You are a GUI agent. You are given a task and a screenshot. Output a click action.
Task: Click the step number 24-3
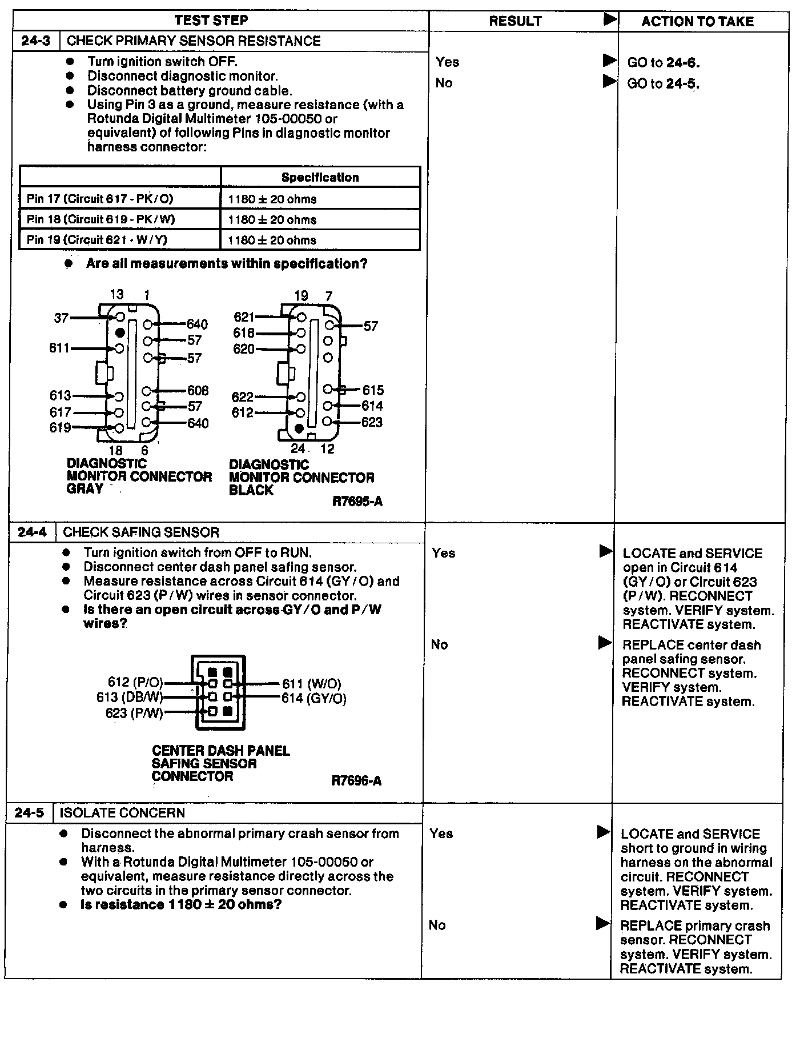[x=35, y=41]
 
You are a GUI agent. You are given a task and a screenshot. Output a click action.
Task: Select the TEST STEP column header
[x=211, y=21]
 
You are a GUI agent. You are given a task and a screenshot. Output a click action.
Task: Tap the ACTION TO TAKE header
[x=697, y=22]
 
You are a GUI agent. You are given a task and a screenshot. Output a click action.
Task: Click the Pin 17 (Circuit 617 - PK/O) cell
[x=100, y=199]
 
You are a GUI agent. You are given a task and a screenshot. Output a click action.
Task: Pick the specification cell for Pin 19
[x=272, y=240]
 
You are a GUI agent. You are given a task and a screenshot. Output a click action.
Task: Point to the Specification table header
[x=320, y=177]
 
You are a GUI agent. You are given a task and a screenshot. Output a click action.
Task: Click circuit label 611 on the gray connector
[x=59, y=348]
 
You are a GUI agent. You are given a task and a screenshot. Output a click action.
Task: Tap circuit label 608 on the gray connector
[x=198, y=391]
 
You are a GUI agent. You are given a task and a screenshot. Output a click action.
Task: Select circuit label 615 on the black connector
[x=373, y=390]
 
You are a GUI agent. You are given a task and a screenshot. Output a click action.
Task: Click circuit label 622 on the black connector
[x=242, y=397]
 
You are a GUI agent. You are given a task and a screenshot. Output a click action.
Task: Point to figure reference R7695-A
[x=357, y=502]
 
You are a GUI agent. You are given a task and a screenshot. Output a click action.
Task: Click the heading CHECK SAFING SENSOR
[x=141, y=532]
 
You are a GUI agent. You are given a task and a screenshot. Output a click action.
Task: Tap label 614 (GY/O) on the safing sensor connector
[x=314, y=698]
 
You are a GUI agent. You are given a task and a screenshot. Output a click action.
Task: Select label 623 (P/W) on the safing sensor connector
[x=134, y=713]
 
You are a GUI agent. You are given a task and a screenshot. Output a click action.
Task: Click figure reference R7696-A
[x=356, y=780]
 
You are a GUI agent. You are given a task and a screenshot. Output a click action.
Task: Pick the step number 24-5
[x=29, y=813]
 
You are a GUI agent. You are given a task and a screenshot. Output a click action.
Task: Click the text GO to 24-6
[x=663, y=63]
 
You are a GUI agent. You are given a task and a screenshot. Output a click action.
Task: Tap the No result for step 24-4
[x=439, y=645]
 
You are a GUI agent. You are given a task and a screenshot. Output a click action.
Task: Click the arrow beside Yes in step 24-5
[x=604, y=832]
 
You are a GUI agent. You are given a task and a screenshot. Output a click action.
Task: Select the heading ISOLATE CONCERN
[x=122, y=813]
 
